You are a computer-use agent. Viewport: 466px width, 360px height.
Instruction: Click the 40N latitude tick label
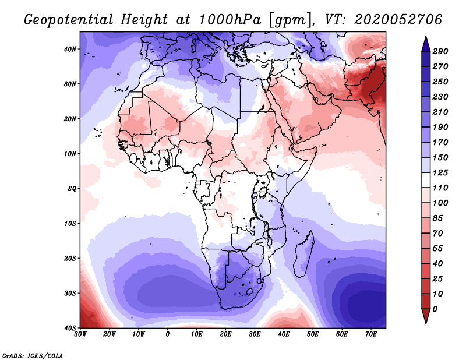point(70,49)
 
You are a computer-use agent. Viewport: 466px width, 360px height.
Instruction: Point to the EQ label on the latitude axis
point(72,189)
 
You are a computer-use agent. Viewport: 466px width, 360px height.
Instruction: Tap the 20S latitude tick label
point(70,258)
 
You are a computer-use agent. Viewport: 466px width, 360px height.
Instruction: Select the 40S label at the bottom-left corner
point(70,328)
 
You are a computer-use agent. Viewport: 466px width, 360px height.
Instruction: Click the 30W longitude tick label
point(80,334)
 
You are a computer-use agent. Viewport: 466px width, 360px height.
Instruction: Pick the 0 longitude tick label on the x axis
point(168,334)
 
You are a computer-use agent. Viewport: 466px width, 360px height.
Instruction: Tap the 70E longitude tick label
point(371,334)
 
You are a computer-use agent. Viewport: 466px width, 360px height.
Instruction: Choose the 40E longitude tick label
point(284,334)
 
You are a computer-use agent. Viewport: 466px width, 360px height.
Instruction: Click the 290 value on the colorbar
point(440,51)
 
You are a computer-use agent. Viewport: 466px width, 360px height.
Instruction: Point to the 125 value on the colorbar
point(440,172)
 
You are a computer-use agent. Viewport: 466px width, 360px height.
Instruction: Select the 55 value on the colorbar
point(437,249)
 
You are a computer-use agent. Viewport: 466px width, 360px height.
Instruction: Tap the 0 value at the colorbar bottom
point(435,309)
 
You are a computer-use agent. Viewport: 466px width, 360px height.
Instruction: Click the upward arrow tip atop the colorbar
point(426,37)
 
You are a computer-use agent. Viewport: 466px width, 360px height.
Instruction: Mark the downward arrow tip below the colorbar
point(426,323)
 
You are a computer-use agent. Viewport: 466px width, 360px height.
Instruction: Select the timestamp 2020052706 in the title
point(398,20)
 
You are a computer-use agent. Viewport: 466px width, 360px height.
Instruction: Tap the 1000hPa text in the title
point(230,20)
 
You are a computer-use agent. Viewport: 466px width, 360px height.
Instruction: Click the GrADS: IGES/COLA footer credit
point(33,356)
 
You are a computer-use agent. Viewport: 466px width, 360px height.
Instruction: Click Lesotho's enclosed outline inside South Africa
point(250,292)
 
